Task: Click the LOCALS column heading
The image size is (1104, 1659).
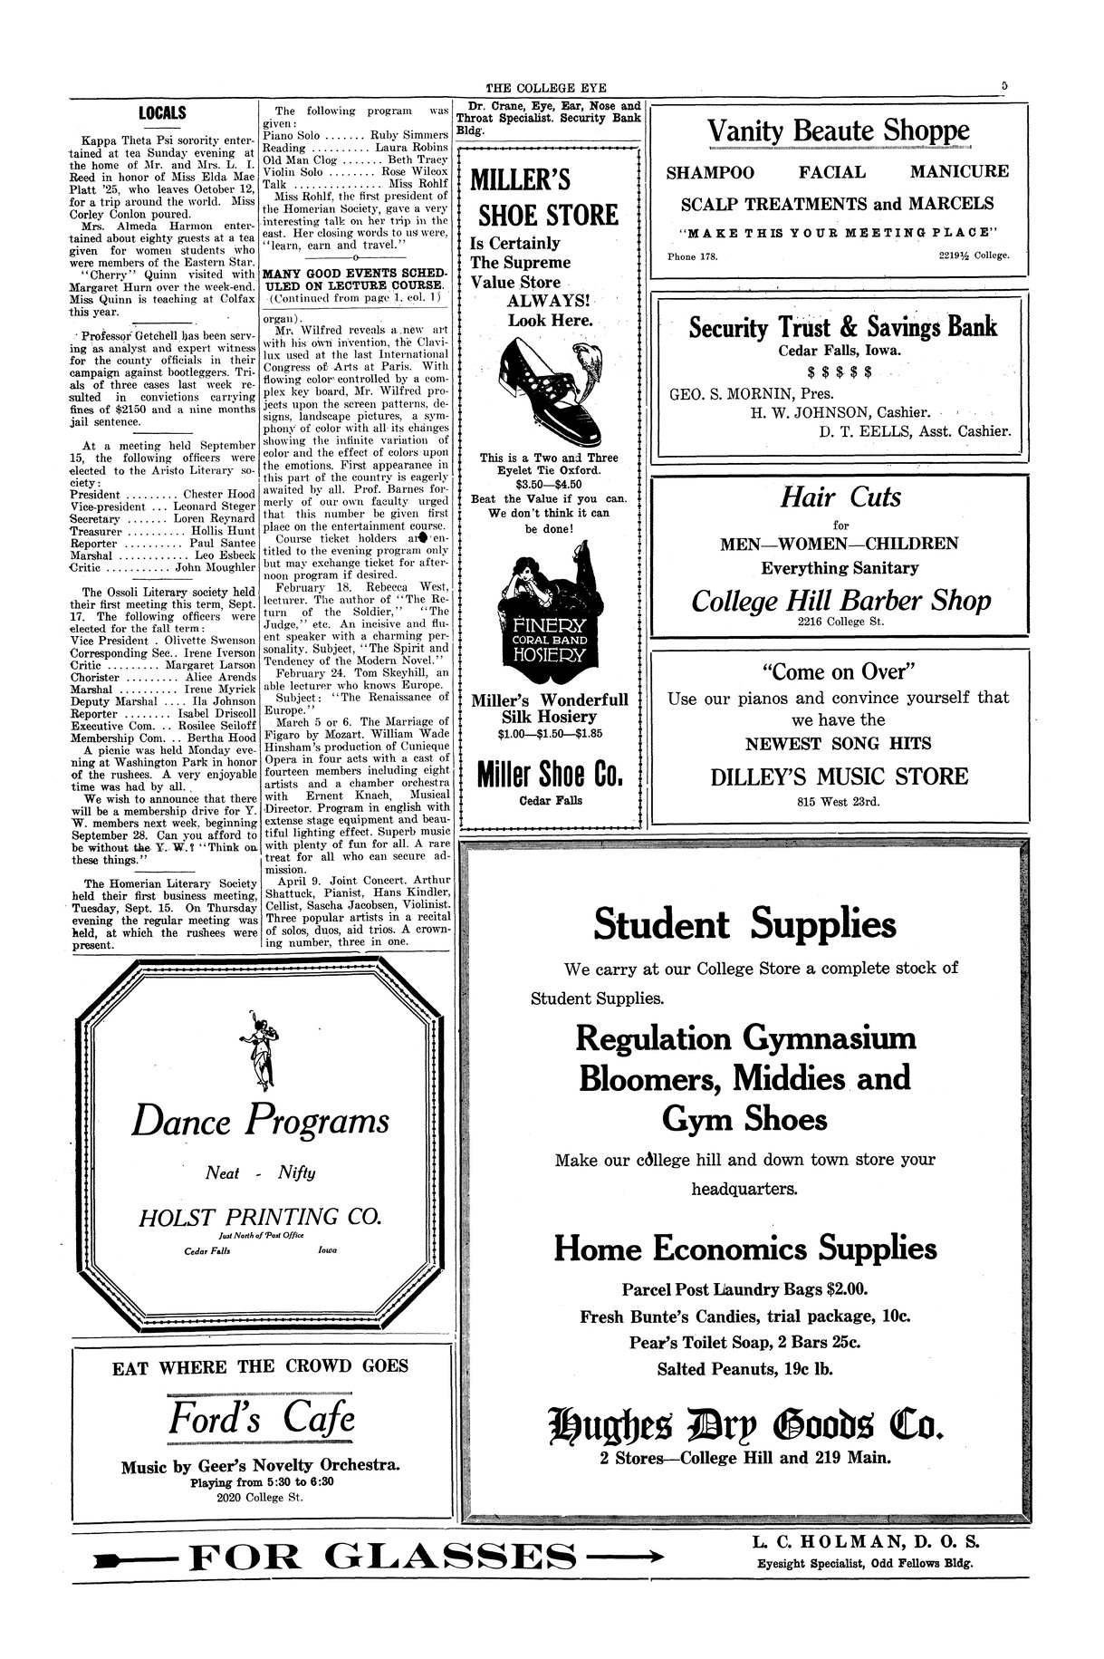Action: [162, 113]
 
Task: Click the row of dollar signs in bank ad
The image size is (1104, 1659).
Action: [839, 371]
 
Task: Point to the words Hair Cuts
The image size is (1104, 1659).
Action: [840, 497]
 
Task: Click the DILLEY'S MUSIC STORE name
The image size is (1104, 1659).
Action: [839, 776]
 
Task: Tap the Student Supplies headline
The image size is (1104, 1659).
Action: [744, 924]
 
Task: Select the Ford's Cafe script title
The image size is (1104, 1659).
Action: [262, 1418]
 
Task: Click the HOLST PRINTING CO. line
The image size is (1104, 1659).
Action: [259, 1215]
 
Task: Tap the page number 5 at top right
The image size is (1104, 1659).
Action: [1004, 86]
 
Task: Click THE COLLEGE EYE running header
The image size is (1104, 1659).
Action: [546, 88]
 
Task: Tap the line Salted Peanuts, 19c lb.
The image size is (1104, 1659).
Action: [744, 1369]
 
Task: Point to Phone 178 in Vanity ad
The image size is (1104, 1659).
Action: [692, 256]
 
